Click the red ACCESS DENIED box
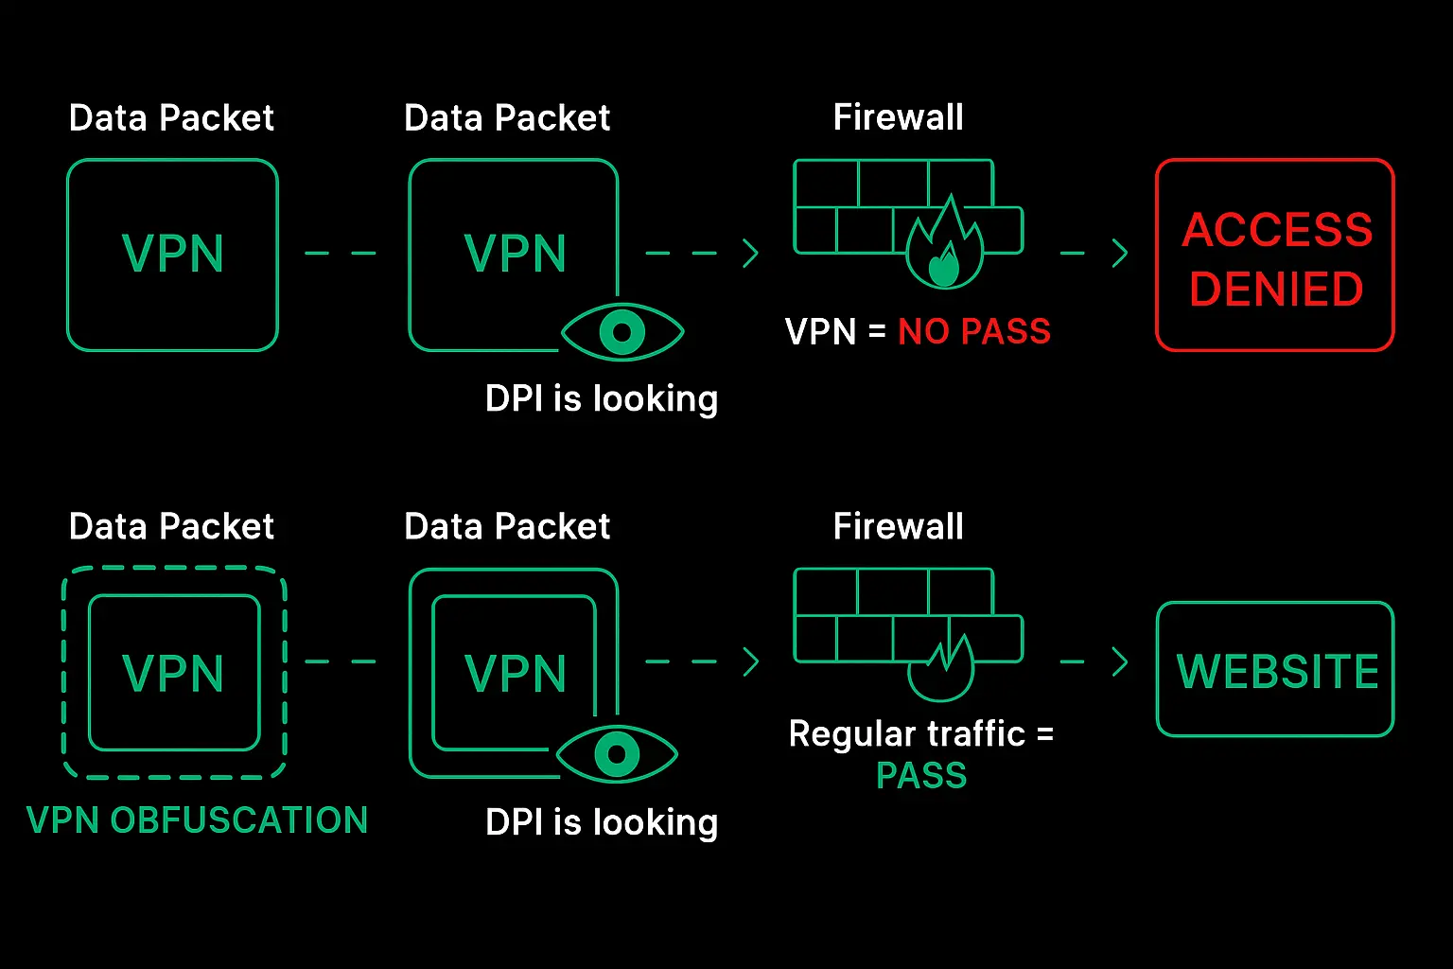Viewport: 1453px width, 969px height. [1274, 255]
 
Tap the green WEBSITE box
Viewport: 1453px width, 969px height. [1275, 670]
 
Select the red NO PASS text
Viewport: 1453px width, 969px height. [974, 331]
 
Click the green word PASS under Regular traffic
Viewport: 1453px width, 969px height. [921, 776]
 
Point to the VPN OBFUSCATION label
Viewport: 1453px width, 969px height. [197, 819]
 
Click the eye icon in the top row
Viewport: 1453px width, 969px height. [621, 332]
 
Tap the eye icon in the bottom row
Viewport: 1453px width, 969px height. [617, 754]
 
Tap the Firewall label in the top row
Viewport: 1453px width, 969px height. [898, 117]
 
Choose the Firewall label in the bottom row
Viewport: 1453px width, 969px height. [898, 526]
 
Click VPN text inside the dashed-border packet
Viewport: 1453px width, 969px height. [173, 673]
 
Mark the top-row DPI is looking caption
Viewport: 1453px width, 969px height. [602, 398]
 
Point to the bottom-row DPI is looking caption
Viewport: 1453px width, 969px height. [602, 822]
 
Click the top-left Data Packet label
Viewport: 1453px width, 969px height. [171, 118]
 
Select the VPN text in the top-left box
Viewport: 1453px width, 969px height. [173, 254]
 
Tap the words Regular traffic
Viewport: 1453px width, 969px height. [906, 733]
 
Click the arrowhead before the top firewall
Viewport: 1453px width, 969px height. [751, 253]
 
